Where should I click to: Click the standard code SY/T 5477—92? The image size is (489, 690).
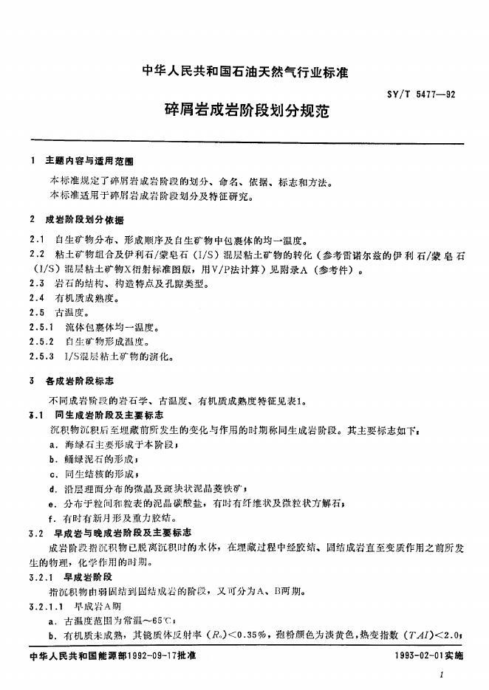(420, 94)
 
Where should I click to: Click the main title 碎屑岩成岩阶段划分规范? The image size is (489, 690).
(245, 113)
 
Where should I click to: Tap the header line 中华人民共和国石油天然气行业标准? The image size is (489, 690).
(244, 72)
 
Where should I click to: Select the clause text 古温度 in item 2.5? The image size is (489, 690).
(70, 312)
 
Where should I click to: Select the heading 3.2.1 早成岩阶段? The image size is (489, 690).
(69, 576)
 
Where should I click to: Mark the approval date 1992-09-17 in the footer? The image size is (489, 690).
(158, 656)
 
